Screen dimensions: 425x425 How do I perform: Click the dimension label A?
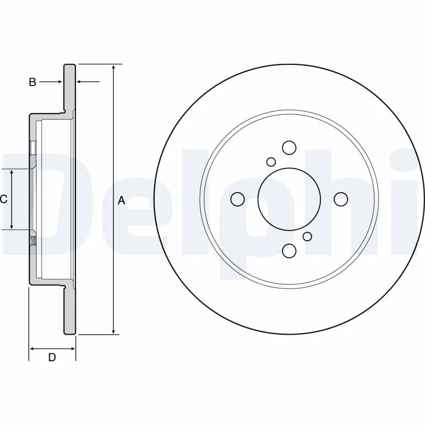pos(122,201)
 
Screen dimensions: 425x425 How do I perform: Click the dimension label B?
pos(32,82)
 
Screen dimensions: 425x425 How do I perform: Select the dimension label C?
pos(4,200)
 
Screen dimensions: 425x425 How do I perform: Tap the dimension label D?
pos(52,357)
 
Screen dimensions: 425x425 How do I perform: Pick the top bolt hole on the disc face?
pos(289,148)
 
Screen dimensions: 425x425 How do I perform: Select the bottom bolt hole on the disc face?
pos(289,250)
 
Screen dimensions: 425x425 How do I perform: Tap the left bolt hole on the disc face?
pos(237,199)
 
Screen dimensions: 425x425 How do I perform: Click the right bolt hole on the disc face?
pos(341,199)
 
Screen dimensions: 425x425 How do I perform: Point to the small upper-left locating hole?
pos(271,162)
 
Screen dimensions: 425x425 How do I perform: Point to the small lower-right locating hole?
pos(308,236)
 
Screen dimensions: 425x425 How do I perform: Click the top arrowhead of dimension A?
pos(114,67)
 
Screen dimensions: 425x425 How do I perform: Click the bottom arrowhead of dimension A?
pos(114,331)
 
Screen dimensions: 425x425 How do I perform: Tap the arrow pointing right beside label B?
pos(50,82)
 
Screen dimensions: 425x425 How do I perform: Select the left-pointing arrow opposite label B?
pos(88,81)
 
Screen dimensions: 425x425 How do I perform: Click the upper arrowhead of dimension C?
pos(12,172)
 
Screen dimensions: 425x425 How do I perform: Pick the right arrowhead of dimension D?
pos(72,348)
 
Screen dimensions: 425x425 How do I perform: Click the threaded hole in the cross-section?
pos(33,241)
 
